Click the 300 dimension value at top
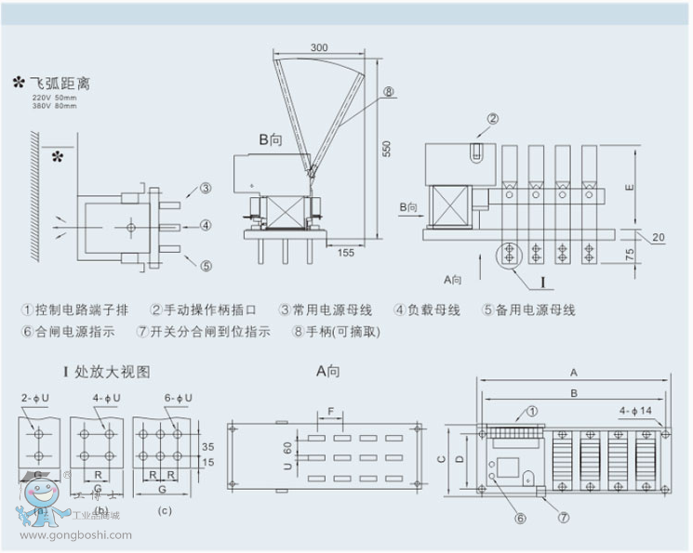click(x=319, y=47)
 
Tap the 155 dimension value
click(x=345, y=252)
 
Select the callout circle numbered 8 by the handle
click(x=388, y=91)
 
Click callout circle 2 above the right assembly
click(x=493, y=118)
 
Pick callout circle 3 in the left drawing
click(x=206, y=189)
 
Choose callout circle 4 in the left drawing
click(x=206, y=225)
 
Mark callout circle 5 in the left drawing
click(x=206, y=265)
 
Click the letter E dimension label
click(x=630, y=188)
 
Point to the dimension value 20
click(x=659, y=238)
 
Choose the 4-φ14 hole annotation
click(x=637, y=409)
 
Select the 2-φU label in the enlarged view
click(x=37, y=399)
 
